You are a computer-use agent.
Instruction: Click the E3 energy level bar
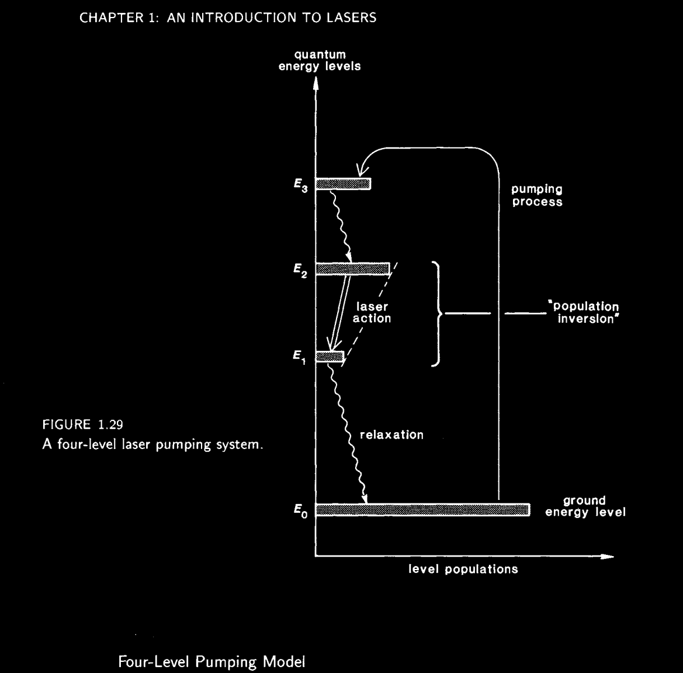click(343, 184)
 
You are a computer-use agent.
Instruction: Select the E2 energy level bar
click(352, 269)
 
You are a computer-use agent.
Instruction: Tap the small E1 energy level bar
click(329, 356)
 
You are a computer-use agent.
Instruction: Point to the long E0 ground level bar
click(422, 509)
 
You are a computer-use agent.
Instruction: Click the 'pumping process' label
click(536, 196)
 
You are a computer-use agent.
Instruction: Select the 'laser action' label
click(372, 313)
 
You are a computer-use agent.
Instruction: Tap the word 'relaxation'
click(391, 435)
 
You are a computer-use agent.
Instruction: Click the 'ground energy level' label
click(585, 506)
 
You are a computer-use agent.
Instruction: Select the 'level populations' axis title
click(463, 569)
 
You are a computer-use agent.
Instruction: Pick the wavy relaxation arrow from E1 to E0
click(349, 433)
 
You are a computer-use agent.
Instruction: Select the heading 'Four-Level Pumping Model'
click(212, 662)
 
